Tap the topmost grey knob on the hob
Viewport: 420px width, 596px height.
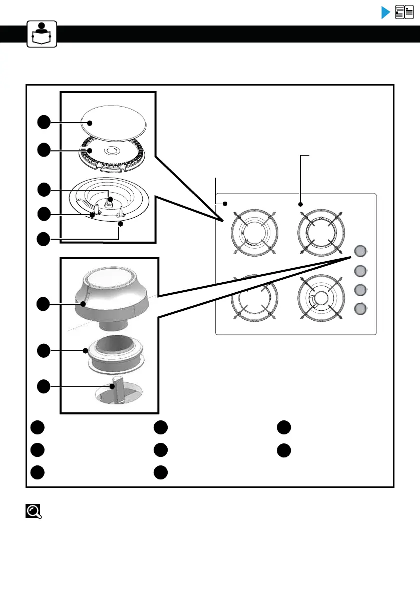coord(360,251)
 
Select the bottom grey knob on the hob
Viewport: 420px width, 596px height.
coord(360,309)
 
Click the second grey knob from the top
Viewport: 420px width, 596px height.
coord(360,271)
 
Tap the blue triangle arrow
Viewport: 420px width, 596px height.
coord(385,13)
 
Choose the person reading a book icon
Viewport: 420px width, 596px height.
coord(42,33)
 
